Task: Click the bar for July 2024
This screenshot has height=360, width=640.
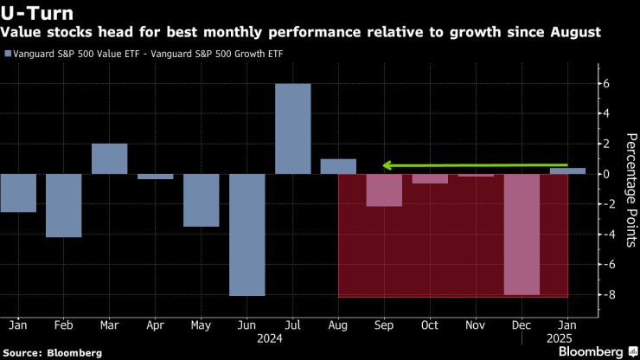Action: (292, 129)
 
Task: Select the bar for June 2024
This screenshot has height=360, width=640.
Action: (246, 235)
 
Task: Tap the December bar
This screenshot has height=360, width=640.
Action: (521, 235)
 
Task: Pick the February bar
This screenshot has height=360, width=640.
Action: (63, 205)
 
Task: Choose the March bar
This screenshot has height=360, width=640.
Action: (109, 158)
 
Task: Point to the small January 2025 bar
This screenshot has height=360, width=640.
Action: (566, 170)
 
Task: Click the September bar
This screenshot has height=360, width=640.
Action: (384, 190)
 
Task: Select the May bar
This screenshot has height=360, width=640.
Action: (201, 200)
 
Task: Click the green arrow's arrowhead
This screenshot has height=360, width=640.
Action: (388, 164)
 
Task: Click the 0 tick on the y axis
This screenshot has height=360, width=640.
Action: (607, 174)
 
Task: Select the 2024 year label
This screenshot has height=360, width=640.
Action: (292, 338)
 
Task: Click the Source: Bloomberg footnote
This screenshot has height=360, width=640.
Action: (52, 352)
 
